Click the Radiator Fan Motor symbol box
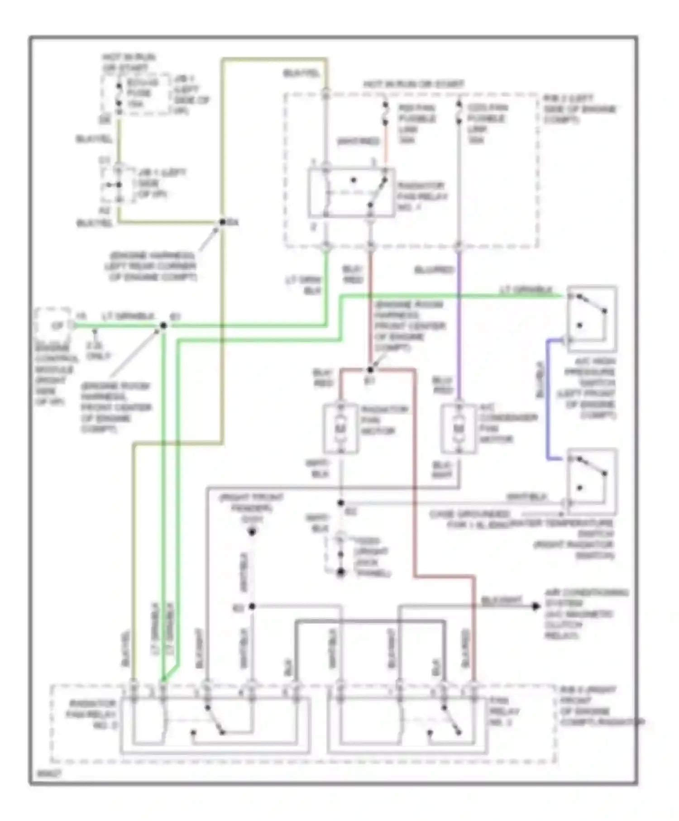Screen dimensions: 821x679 pos(341,428)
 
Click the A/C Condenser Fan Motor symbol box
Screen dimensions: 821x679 pos(459,428)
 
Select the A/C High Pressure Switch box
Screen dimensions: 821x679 pos(592,319)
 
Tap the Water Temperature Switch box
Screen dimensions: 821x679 pos(592,482)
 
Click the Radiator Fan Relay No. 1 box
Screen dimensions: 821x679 pos(351,193)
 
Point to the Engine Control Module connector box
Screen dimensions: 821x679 pos(53,325)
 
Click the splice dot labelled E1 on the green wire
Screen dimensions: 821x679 pos(163,325)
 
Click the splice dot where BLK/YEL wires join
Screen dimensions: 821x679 pos(222,222)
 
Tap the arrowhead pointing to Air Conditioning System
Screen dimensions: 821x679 pos(536,606)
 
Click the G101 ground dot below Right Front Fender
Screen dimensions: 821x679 pos(252,532)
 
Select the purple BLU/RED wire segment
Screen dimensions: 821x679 pos(459,326)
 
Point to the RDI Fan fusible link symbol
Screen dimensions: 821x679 pos(386,112)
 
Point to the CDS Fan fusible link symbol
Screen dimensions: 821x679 pos(459,112)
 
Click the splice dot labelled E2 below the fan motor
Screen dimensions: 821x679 pos(341,503)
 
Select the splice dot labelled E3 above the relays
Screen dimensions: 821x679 pos(252,606)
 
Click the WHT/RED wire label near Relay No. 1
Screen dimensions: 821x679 pos(358,142)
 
